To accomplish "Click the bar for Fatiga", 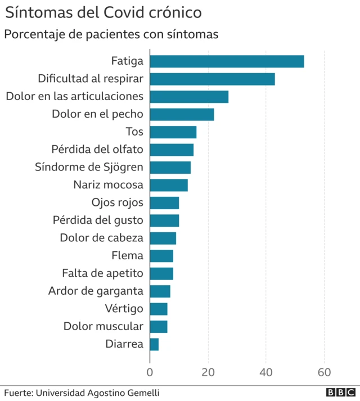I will click(227, 61).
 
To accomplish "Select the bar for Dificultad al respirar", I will click(212, 79).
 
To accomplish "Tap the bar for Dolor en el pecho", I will click(182, 114).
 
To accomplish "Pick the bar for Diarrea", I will click(154, 344).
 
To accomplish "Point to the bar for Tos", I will click(173, 132).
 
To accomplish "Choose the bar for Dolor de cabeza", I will click(163, 238).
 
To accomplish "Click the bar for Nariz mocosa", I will click(168, 185).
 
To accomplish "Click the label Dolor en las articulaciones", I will click(74, 96).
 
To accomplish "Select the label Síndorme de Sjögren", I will click(89, 167).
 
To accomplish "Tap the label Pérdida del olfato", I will click(97, 150).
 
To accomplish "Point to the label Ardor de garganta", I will click(96, 291).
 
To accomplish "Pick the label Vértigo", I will click(124, 309).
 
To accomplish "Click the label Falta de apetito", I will click(102, 273).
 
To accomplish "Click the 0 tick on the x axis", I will click(150, 372).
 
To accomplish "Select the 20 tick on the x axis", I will click(208, 372).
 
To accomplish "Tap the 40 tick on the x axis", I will click(266, 372).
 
